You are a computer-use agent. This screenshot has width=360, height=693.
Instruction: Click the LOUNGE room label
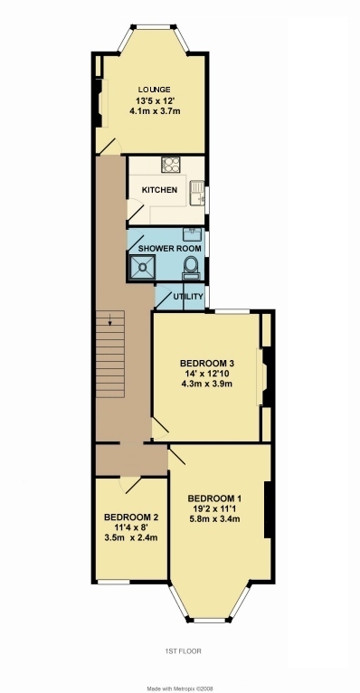(154, 90)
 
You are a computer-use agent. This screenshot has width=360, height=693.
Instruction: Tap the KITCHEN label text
(159, 190)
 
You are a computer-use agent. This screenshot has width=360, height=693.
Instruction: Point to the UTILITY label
(187, 296)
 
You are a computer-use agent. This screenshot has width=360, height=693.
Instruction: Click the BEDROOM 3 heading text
(207, 364)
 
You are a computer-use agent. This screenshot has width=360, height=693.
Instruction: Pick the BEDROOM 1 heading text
(214, 499)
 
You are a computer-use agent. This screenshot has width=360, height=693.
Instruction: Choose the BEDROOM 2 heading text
(131, 517)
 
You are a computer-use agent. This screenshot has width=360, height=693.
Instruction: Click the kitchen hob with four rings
(171, 166)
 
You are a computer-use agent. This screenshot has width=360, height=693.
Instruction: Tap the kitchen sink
(197, 193)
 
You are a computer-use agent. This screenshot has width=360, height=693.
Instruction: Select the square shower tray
(141, 268)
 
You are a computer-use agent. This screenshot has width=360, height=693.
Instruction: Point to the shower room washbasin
(192, 234)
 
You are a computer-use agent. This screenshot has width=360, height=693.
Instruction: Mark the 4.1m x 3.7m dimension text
(155, 111)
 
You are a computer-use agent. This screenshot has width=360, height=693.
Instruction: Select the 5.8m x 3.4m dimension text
(214, 519)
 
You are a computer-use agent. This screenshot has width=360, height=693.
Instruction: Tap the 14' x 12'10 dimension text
(207, 374)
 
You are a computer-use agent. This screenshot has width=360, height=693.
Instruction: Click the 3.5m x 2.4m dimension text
(131, 538)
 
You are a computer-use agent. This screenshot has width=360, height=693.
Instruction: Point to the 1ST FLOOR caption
(184, 651)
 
